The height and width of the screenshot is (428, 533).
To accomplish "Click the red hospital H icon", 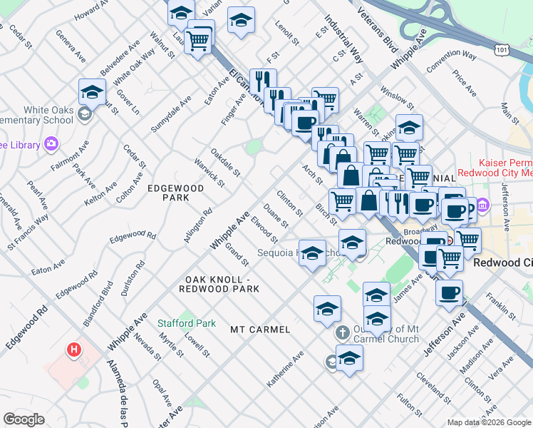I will tap(73, 350).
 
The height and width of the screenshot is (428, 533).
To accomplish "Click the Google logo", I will tap(24, 419).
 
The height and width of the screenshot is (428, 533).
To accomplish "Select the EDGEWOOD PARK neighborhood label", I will tap(175, 193).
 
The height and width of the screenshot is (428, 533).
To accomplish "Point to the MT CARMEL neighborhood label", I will tap(260, 330).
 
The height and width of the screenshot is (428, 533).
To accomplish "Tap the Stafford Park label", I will tap(187, 323).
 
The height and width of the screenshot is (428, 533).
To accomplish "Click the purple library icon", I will tap(51, 145).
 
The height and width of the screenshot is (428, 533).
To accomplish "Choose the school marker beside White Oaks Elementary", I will tap(92, 93).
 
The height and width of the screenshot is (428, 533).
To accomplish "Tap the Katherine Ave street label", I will tap(285, 369).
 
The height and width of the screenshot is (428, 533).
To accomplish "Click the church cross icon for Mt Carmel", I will tap(342, 333).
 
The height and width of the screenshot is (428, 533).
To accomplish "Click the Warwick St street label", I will tap(209, 173).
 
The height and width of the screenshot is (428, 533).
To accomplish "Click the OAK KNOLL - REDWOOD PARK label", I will tap(222, 283).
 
